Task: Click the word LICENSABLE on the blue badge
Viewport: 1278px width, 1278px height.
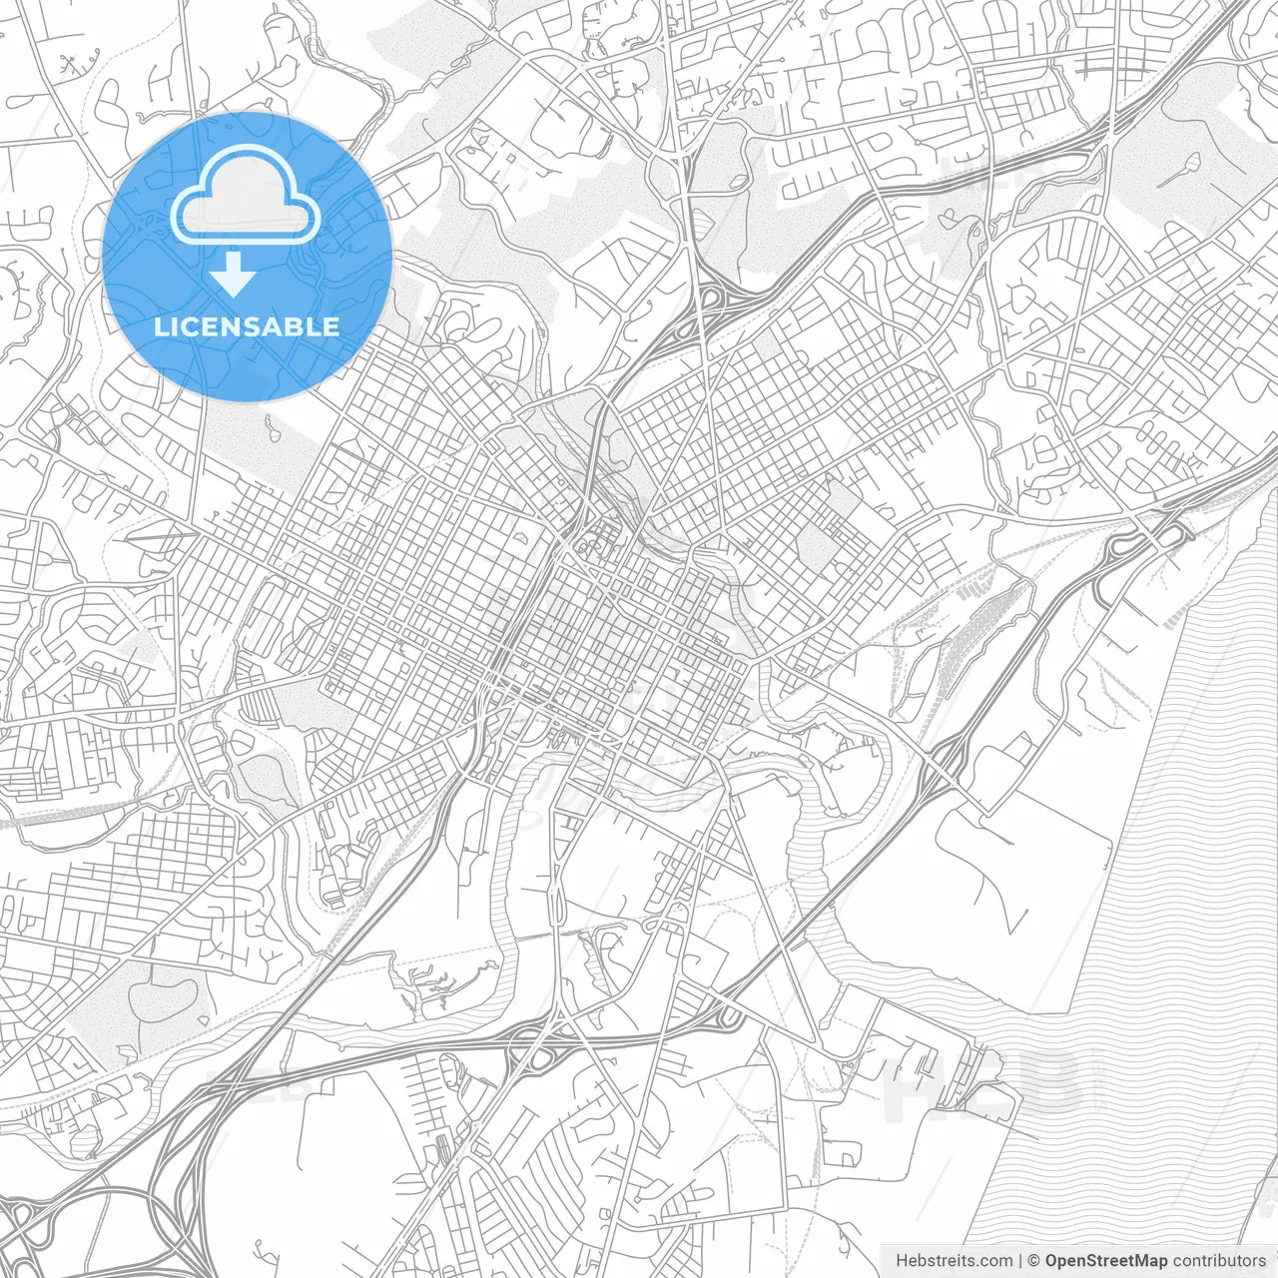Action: (x=247, y=326)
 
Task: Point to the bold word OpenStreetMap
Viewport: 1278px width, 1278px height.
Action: (x=1105, y=1260)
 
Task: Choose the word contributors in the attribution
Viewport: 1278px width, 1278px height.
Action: (x=1219, y=1260)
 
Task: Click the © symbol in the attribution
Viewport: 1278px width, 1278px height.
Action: (x=1034, y=1260)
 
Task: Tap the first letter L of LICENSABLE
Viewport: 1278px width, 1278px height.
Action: (x=160, y=326)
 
